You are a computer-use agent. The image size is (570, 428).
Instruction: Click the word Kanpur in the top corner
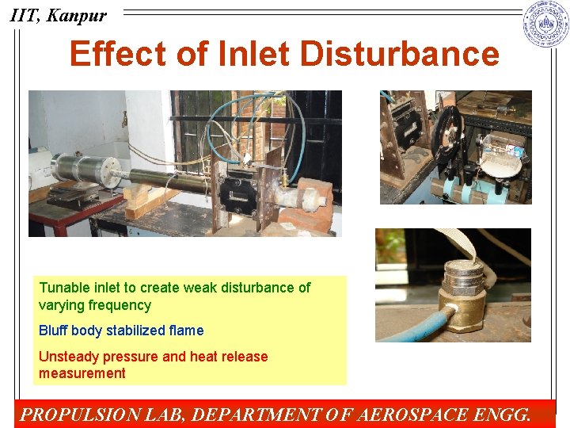pos(77,15)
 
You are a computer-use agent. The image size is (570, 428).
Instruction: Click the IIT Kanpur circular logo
pos(546,25)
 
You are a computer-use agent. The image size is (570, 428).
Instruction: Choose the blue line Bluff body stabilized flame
pos(121,331)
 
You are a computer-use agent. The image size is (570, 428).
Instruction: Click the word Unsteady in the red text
pos(66,357)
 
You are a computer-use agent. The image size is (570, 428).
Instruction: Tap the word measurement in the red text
pos(82,373)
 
